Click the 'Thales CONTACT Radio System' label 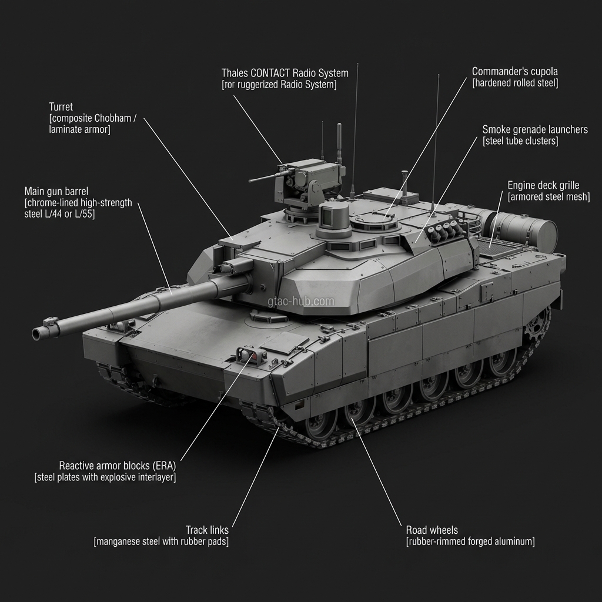pos(285,73)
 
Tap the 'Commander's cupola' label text pos(515,71)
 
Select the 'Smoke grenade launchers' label pos(535,129)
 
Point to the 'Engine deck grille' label pos(543,185)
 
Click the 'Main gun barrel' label pos(56,191)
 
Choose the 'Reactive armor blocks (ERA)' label pos(118,466)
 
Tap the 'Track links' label pos(207,530)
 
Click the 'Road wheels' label pos(432,530)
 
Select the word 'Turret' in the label pos(61,107)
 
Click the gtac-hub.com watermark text pos(301,302)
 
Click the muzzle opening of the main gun pos(36,335)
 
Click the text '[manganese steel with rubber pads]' pos(161,541)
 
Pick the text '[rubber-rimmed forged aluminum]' pos(470,541)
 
